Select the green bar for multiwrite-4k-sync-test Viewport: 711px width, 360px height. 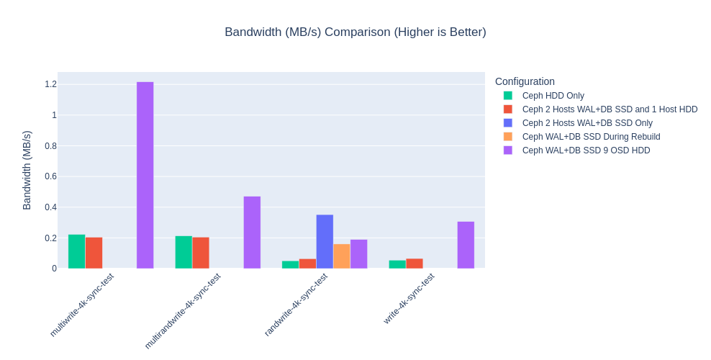click(76, 251)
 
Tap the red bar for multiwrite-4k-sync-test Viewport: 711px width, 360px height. click(94, 253)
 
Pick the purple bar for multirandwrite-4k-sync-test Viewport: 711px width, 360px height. click(252, 233)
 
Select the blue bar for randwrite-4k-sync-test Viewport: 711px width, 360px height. click(325, 242)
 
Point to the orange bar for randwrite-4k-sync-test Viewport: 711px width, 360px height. click(342, 256)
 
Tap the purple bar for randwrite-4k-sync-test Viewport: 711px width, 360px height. click(358, 254)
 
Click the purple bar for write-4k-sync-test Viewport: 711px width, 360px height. click(466, 245)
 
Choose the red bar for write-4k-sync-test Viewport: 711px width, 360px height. click(414, 264)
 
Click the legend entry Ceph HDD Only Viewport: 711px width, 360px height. click(553, 96)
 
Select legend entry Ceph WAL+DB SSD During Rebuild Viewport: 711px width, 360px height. click(591, 137)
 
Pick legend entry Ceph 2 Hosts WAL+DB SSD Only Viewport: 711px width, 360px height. click(587, 123)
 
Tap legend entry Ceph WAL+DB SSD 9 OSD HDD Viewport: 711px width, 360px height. click(586, 150)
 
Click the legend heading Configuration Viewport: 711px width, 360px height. click(525, 81)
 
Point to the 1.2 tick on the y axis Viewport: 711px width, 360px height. click(50, 84)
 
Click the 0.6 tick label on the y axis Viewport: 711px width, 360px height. click(50, 176)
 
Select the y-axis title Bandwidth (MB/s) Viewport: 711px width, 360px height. click(27, 170)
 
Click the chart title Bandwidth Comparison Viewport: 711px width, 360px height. click(355, 32)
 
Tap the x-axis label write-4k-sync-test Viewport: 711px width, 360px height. click(409, 298)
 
